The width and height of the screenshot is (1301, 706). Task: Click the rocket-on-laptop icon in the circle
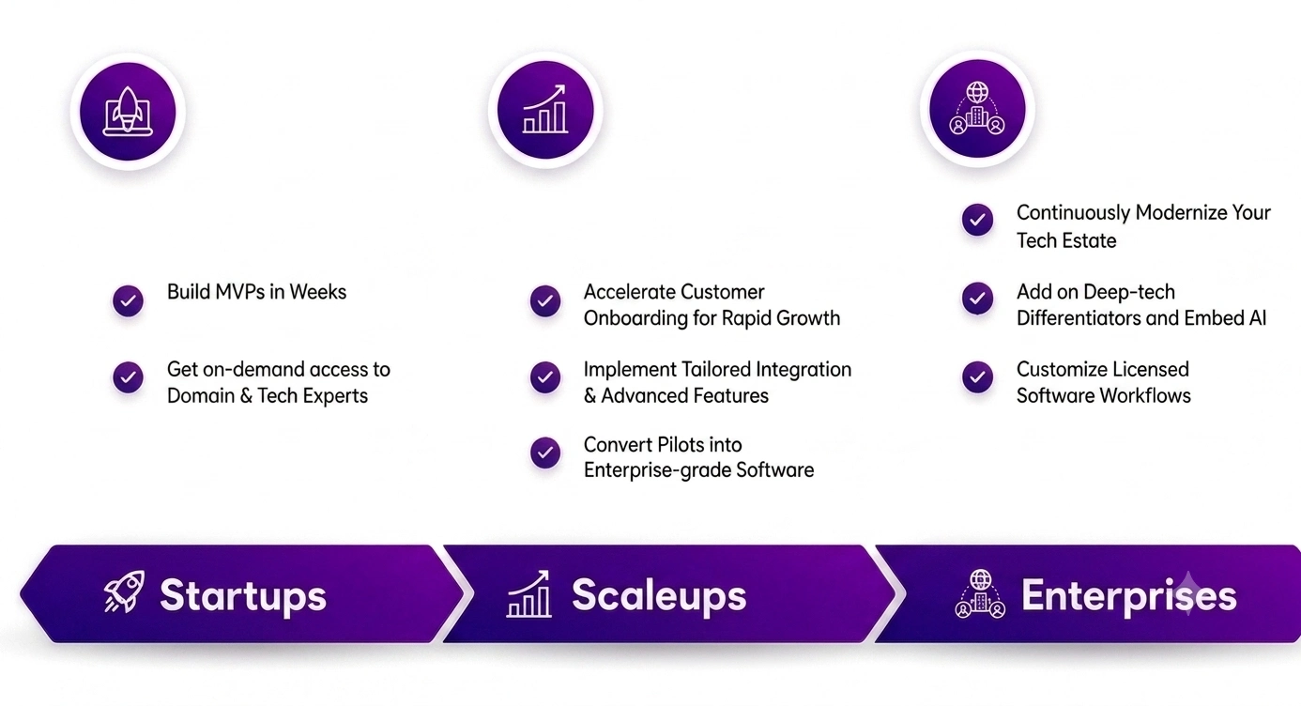coord(128,111)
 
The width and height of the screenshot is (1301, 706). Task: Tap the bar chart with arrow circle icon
coord(545,110)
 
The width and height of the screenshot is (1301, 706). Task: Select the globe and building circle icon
coord(977,109)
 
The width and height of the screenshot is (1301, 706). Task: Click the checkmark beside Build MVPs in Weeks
coord(129,300)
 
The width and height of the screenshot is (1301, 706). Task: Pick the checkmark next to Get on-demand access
coord(129,377)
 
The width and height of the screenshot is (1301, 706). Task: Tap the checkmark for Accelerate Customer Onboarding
coord(544,301)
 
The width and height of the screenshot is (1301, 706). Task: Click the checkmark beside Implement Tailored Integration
coord(544,377)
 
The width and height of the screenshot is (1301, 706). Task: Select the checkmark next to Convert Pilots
coord(544,453)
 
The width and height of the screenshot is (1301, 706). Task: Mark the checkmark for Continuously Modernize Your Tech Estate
coord(977,220)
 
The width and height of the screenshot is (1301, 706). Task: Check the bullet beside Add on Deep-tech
coord(977,299)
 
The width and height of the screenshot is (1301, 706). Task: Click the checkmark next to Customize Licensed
coord(977,377)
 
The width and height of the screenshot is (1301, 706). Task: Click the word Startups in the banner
coord(243,596)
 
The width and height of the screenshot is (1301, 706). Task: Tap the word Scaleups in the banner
coord(659,595)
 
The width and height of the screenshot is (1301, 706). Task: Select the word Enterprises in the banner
coord(1129,595)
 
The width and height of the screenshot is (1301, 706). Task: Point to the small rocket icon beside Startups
coord(124,591)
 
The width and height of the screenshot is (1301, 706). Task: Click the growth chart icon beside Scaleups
coord(528,593)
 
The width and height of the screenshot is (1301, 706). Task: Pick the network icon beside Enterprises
coord(980,593)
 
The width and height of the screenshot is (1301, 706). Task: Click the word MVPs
coord(239,292)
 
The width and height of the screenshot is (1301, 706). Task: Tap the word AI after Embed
coord(1258,318)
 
